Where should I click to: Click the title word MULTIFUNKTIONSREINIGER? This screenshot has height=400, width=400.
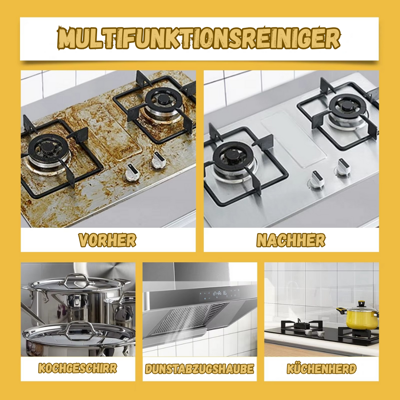pyautogui.click(x=198, y=38)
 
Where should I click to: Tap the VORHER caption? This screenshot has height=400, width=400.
pyautogui.click(x=107, y=240)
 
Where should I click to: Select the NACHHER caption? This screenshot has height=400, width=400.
pyautogui.click(x=291, y=240)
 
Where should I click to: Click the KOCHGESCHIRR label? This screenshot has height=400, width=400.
pyautogui.click(x=77, y=369)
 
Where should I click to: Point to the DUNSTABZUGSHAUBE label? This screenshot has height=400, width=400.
pyautogui.click(x=200, y=369)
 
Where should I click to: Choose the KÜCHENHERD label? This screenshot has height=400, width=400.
pyautogui.click(x=321, y=369)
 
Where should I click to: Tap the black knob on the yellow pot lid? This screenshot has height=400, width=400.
pyautogui.click(x=361, y=304)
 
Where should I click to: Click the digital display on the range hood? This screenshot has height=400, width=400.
pyautogui.click(x=219, y=294)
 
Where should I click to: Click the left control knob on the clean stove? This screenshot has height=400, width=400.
pyautogui.click(x=317, y=179)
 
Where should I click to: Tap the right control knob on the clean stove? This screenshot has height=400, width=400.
pyautogui.click(x=342, y=167)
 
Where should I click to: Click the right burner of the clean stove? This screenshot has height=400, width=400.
pyautogui.click(x=347, y=107)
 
